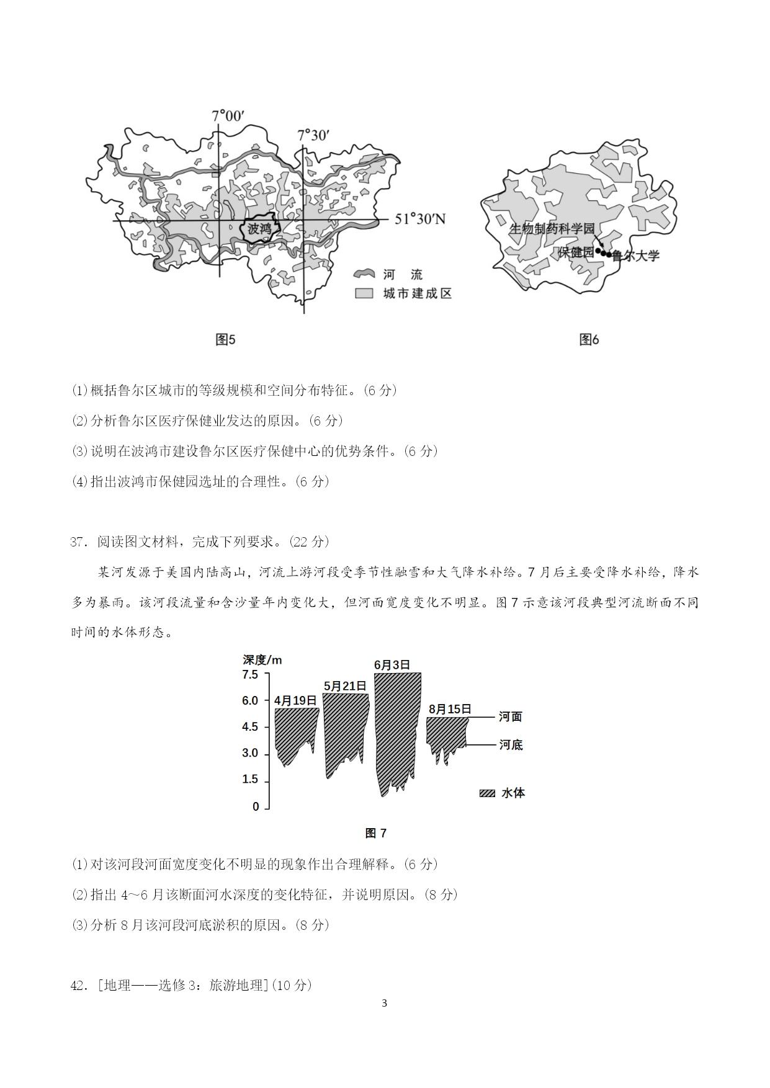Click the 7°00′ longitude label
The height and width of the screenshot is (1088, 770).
pyautogui.click(x=228, y=116)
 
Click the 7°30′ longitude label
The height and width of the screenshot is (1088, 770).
pyautogui.click(x=313, y=135)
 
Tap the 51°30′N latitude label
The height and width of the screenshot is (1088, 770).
pyautogui.click(x=420, y=219)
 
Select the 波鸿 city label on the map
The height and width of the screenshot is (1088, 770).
pyautogui.click(x=259, y=229)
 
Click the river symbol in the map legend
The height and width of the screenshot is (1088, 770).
pyautogui.click(x=364, y=274)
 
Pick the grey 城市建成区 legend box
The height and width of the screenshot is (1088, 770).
pyautogui.click(x=364, y=293)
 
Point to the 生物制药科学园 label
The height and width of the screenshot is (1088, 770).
pyautogui.click(x=552, y=229)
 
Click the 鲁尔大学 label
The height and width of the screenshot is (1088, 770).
pyautogui.click(x=636, y=256)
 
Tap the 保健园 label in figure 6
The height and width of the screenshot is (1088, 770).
pyautogui.click(x=576, y=252)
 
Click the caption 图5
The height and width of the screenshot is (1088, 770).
pyautogui.click(x=225, y=339)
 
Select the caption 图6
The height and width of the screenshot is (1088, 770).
pyautogui.click(x=589, y=339)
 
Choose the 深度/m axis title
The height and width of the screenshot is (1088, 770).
pyautogui.click(x=262, y=660)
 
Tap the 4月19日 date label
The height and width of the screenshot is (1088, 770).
pyautogui.click(x=295, y=700)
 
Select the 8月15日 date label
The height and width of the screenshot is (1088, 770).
pyautogui.click(x=450, y=709)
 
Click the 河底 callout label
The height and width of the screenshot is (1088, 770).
pyautogui.click(x=511, y=745)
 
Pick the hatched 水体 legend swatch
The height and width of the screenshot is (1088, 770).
pyautogui.click(x=487, y=793)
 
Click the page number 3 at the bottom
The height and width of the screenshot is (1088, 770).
pyautogui.click(x=385, y=1003)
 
